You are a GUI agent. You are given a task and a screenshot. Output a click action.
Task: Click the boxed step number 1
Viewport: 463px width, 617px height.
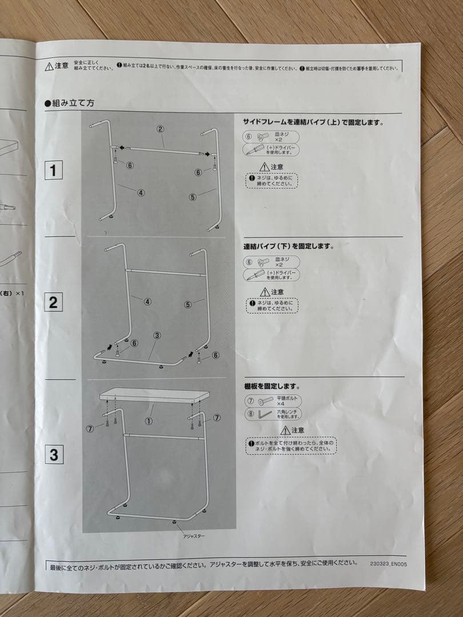click(x=53, y=170)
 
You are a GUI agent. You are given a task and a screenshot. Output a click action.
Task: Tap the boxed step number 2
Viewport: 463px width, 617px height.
click(x=53, y=302)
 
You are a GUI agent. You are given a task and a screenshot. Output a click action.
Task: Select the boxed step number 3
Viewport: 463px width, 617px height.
click(x=54, y=455)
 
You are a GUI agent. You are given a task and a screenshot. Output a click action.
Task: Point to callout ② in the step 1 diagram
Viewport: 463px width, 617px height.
click(x=161, y=129)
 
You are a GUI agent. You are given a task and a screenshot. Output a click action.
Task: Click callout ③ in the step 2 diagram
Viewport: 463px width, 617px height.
click(x=157, y=336)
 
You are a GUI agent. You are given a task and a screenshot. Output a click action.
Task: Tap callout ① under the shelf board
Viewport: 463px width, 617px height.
click(x=148, y=422)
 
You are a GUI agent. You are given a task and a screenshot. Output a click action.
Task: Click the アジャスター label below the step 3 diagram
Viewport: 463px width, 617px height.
click(x=194, y=536)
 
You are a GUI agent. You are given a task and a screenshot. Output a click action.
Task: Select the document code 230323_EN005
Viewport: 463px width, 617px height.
click(x=389, y=562)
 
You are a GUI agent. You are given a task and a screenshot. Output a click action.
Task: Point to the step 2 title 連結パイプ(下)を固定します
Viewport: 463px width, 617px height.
click(x=289, y=246)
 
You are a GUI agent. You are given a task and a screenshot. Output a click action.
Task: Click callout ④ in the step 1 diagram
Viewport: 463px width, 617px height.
click(x=141, y=193)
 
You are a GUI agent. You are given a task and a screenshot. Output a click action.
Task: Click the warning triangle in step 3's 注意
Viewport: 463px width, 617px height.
click(x=285, y=431)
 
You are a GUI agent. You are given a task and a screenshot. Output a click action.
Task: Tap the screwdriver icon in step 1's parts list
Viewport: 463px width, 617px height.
click(x=254, y=150)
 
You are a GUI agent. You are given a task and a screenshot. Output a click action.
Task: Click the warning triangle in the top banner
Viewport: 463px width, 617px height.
click(x=50, y=66)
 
